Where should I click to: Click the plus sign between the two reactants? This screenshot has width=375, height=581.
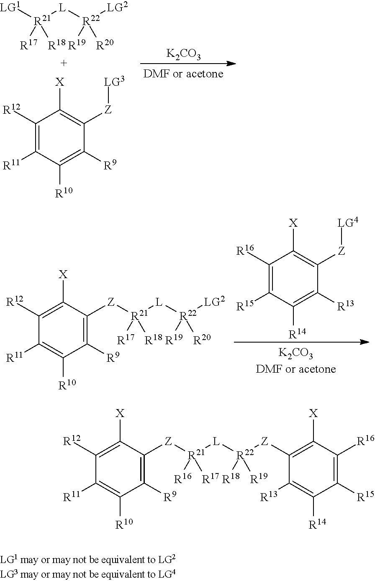pyautogui.click(x=64, y=63)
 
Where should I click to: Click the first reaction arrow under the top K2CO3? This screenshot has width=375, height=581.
pyautogui.click(x=188, y=64)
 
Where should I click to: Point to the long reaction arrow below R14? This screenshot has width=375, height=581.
pyautogui.click(x=301, y=342)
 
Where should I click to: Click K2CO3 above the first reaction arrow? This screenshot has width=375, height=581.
pyautogui.click(x=183, y=54)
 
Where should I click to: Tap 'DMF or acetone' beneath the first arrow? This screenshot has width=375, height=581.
pyautogui.click(x=183, y=74)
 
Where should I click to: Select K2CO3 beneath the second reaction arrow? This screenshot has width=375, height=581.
pyautogui.click(x=295, y=353)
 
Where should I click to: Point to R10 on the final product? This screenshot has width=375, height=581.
pyautogui.click(x=124, y=524)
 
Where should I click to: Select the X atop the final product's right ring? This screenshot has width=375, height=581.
pyautogui.click(x=313, y=413)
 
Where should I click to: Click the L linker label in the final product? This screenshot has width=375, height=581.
pyautogui.click(x=216, y=441)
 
